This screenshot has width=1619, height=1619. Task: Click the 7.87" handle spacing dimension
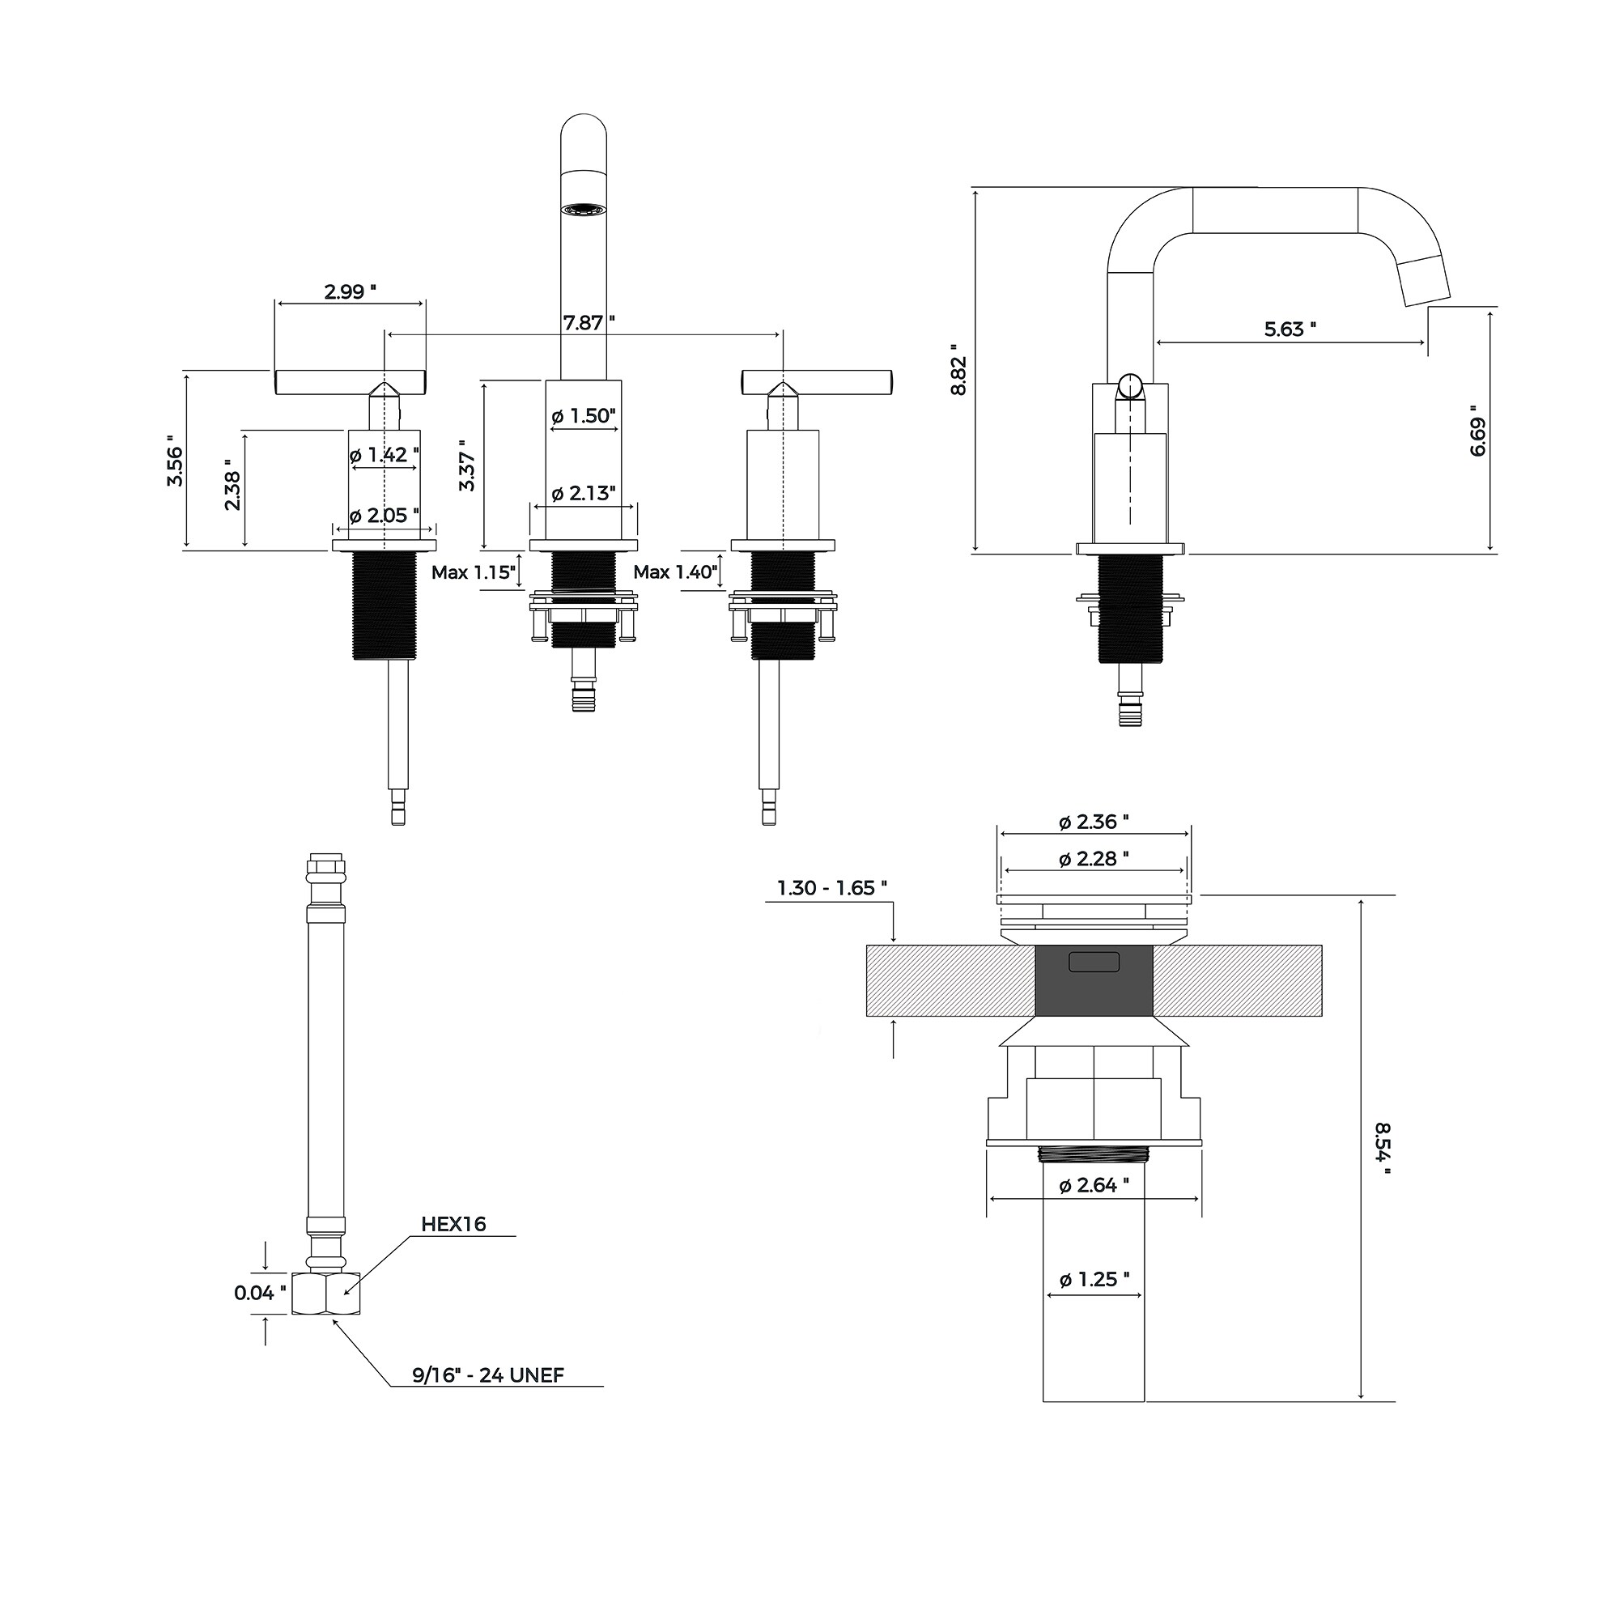589,323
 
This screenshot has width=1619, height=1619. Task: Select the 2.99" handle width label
351,291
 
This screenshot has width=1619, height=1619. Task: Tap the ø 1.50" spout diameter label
584,415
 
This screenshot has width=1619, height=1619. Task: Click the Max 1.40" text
675,572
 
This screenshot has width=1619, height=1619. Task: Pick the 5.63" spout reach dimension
1290,329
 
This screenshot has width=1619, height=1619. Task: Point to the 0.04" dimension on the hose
261,1293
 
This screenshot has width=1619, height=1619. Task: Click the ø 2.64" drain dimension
1094,1185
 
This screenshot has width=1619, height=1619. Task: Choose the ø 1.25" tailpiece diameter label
1094,1280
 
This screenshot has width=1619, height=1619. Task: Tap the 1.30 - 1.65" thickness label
832,888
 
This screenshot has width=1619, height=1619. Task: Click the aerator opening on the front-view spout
583,208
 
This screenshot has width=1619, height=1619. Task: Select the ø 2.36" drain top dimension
1094,822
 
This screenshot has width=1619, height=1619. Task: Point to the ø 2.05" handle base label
384,516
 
